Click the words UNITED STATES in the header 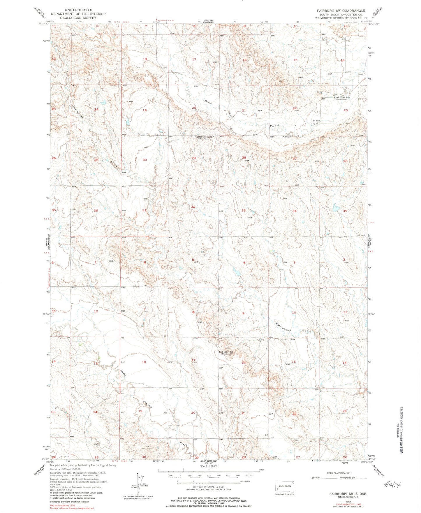click(x=78, y=10)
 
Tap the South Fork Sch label click(x=341, y=98)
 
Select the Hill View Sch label click(x=226, y=352)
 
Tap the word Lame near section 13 click(x=123, y=373)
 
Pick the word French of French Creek click(x=274, y=126)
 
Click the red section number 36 click(x=96, y=210)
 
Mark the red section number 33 click(x=243, y=210)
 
